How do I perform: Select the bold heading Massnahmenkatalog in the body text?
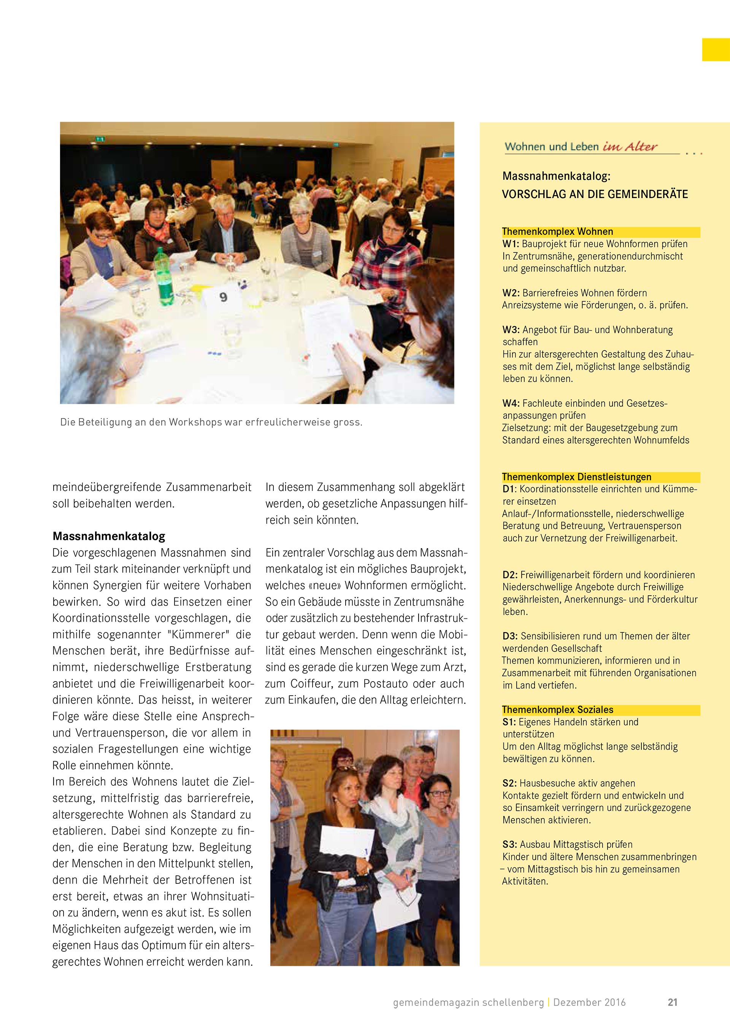109,536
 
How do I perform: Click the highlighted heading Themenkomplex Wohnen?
557,232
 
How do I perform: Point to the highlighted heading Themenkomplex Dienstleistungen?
576,477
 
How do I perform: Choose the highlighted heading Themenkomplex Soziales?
557,710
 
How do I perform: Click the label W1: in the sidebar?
511,244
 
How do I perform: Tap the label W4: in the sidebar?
511,403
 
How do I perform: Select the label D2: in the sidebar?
511,575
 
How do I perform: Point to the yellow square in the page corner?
716,49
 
